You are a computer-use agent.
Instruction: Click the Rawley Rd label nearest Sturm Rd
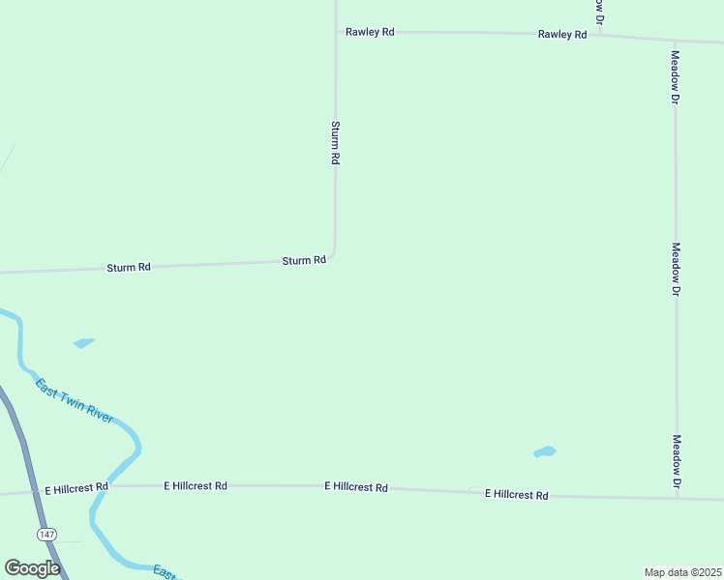click(371, 32)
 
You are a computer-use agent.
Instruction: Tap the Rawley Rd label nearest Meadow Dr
click(562, 34)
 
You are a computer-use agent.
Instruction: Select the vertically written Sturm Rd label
click(335, 142)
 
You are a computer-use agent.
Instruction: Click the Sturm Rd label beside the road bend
click(303, 261)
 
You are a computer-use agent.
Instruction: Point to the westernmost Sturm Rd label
click(129, 267)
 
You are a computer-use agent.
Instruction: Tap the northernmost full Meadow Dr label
click(676, 77)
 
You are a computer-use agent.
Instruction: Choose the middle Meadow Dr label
click(677, 269)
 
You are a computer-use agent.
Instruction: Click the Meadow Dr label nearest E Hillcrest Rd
click(678, 461)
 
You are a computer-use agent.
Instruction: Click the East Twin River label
click(75, 399)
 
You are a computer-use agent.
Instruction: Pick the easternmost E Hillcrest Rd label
click(516, 494)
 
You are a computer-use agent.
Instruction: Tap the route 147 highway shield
click(45, 534)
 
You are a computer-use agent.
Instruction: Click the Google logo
click(32, 568)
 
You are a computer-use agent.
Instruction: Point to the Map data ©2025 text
click(682, 572)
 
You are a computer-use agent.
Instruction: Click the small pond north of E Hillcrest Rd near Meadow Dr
click(545, 451)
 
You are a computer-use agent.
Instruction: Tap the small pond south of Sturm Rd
click(84, 342)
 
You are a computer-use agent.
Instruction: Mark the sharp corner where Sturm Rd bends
click(334, 256)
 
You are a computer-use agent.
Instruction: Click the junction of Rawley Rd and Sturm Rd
click(336, 31)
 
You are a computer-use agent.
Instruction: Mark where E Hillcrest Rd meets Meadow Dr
click(677, 498)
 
